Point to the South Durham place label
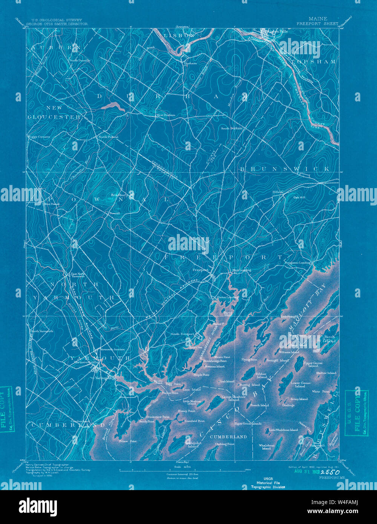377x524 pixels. tap(231, 129)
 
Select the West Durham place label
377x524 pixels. tap(166, 115)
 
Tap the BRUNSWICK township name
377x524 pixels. tap(284, 169)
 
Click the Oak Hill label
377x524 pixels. tap(300, 197)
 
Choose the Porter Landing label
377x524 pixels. tap(228, 297)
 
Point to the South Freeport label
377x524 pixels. tap(182, 334)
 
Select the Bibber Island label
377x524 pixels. tap(262, 375)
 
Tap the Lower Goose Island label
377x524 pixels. tap(300, 385)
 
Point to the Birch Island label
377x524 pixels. tap(329, 339)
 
